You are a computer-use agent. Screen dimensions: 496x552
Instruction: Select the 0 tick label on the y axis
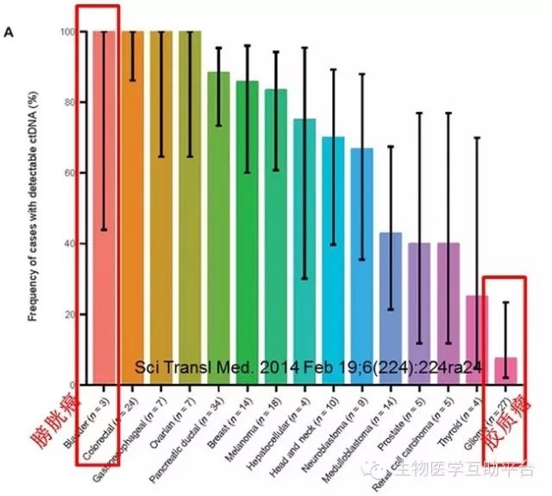[78, 385]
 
